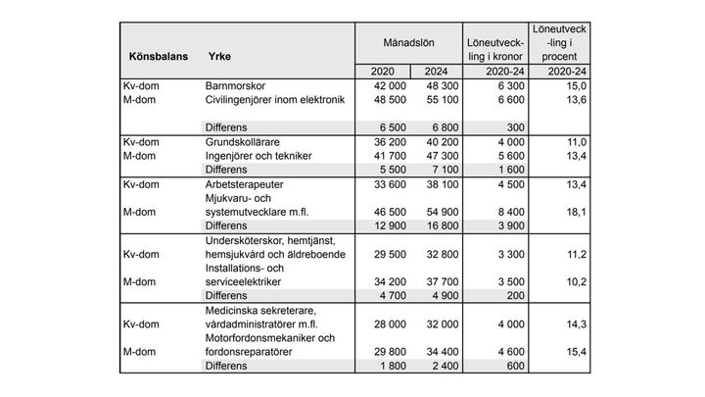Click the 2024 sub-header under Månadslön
[437, 71]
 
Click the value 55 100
[437, 99]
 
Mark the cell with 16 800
[437, 225]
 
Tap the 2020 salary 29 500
[381, 254]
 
